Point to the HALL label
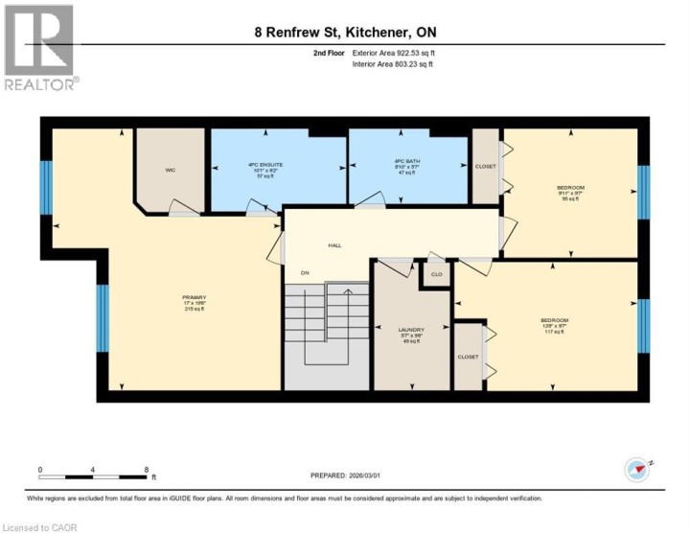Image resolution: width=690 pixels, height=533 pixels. pyautogui.click(x=335, y=245)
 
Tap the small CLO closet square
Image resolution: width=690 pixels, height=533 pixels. pyautogui.click(x=437, y=273)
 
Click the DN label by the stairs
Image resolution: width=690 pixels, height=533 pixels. pyautogui.click(x=306, y=274)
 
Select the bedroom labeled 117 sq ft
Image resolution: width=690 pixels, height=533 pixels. pyautogui.click(x=555, y=326)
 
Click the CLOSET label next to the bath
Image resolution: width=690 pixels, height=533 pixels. pyautogui.click(x=486, y=167)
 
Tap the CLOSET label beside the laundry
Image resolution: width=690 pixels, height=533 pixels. pyautogui.click(x=468, y=357)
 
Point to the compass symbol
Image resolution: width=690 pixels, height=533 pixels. pyautogui.click(x=636, y=469)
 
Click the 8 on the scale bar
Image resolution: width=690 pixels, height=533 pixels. pyautogui.click(x=147, y=469)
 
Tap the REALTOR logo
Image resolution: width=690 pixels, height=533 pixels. pyautogui.click(x=39, y=48)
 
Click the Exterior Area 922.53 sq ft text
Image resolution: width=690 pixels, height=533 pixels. pyautogui.click(x=395, y=54)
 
